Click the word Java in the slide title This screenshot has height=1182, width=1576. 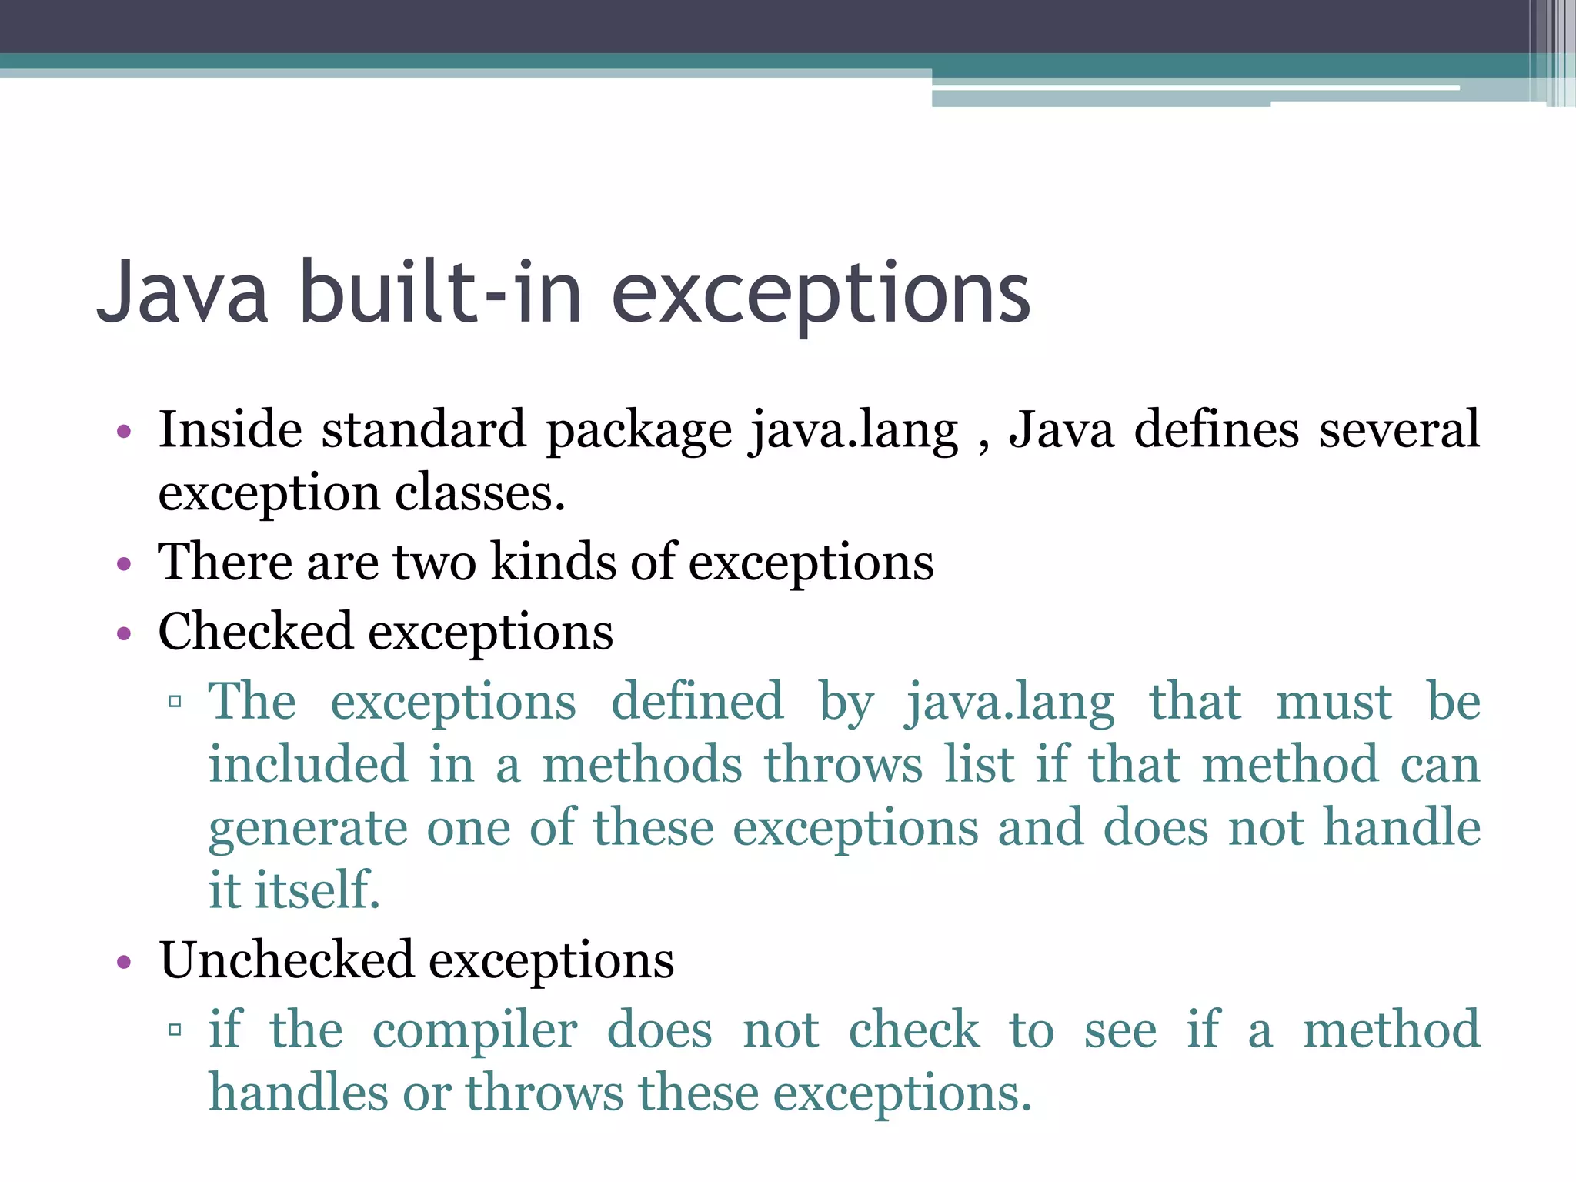[183, 292]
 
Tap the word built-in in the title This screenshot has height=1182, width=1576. [439, 292]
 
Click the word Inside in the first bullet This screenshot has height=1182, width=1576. [230, 429]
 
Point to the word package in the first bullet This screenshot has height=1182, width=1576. [639, 431]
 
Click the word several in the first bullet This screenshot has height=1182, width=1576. [1398, 429]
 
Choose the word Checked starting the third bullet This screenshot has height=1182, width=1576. [255, 632]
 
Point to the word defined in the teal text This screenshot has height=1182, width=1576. [697, 701]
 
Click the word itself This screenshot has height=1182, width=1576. [317, 890]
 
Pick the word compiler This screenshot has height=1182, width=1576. [475, 1031]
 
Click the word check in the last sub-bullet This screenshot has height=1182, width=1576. [913, 1030]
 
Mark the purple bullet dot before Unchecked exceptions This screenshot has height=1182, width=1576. [124, 963]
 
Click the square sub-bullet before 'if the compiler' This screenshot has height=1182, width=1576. [175, 1030]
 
